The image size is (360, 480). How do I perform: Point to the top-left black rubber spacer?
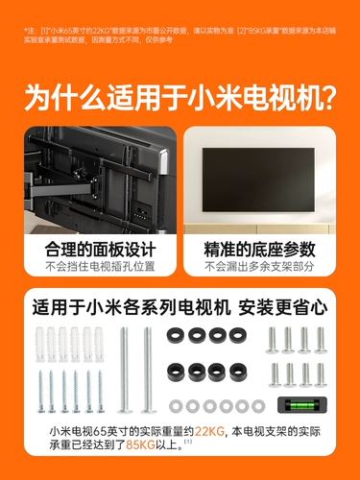click(x=175, y=335)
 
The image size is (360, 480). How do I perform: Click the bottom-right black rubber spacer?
click(x=236, y=369)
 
